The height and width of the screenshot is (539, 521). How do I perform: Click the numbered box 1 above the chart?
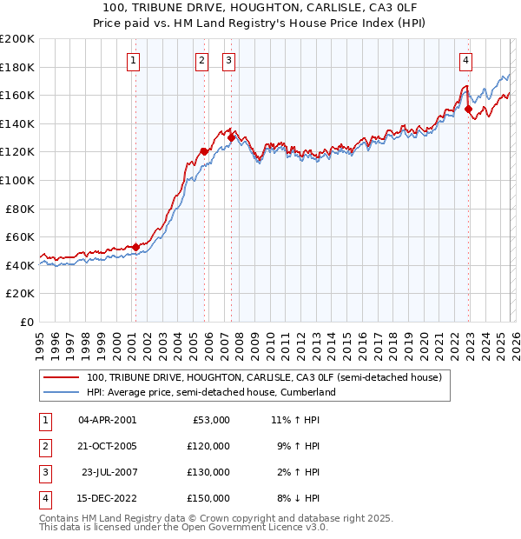133,60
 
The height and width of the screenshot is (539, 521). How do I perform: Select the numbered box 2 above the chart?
201,60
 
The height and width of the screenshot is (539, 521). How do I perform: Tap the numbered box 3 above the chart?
228,60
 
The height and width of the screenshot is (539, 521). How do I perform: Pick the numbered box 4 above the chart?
466,60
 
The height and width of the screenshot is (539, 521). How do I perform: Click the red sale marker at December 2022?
469,110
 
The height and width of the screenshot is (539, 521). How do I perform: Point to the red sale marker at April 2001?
136,247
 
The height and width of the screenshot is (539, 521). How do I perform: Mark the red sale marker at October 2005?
205,151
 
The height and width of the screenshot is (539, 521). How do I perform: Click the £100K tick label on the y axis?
17,180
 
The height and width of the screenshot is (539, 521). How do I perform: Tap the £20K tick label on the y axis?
20,294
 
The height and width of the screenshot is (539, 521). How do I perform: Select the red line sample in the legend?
61,378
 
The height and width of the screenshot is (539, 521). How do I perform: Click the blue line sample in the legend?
61,393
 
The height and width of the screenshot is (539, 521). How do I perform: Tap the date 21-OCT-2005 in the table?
107,446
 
